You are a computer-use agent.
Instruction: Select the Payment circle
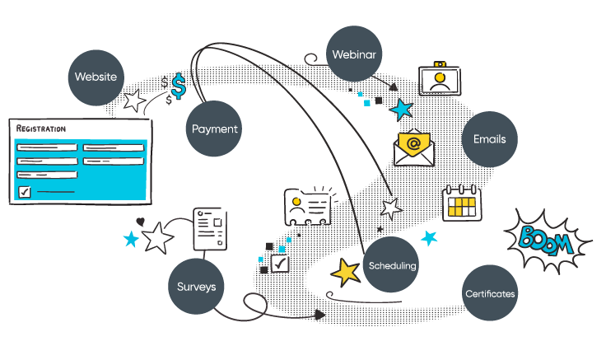pyautogui.click(x=214, y=129)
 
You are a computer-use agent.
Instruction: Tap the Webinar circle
pyautogui.click(x=354, y=55)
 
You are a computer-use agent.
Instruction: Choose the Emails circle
pyautogui.click(x=489, y=139)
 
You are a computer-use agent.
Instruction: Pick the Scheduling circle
pyautogui.click(x=392, y=265)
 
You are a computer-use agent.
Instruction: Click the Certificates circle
pyautogui.click(x=490, y=293)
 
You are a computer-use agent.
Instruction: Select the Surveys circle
pyautogui.click(x=197, y=287)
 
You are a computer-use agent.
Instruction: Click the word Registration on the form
pyautogui.click(x=41, y=129)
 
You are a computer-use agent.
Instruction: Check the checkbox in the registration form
pyautogui.click(x=25, y=192)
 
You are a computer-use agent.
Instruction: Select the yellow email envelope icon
pyautogui.click(x=414, y=148)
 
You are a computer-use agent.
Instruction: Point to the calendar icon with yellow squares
pyautogui.click(x=461, y=202)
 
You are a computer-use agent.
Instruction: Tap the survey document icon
pyautogui.click(x=209, y=229)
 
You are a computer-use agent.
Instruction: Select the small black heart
pyautogui.click(x=140, y=222)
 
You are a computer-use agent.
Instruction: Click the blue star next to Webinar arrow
pyautogui.click(x=402, y=109)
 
